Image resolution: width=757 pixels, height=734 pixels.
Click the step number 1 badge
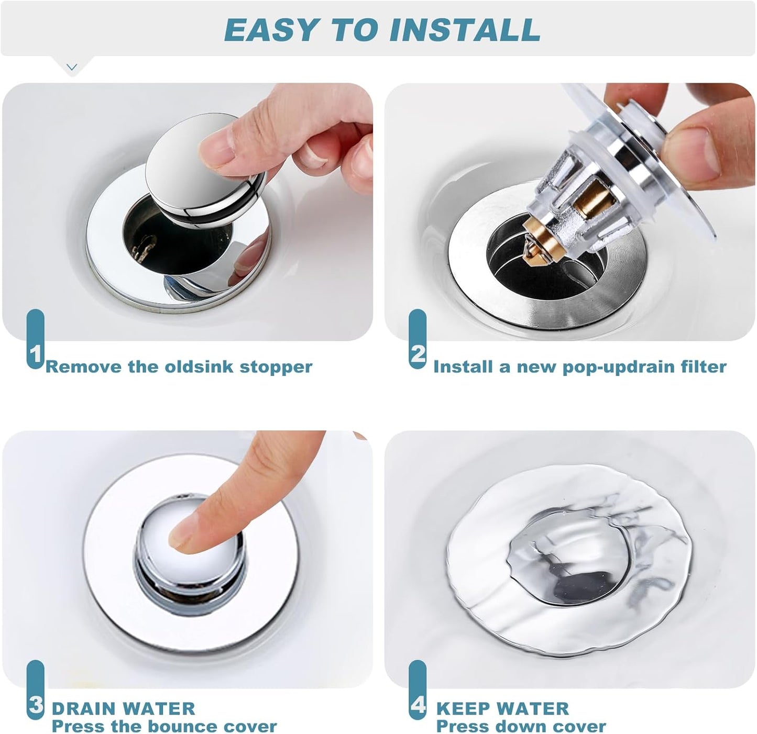[x=35, y=355]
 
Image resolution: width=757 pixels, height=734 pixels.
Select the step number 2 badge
[x=418, y=354]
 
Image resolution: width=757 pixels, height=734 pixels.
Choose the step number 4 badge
[x=418, y=705]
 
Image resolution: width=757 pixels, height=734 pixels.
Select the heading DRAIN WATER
[x=123, y=709]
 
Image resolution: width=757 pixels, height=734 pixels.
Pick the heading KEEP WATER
[x=502, y=709]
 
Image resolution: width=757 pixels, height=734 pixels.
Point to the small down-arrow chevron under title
[x=72, y=67]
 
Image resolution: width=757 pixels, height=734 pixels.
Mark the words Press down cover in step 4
[x=521, y=727]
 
